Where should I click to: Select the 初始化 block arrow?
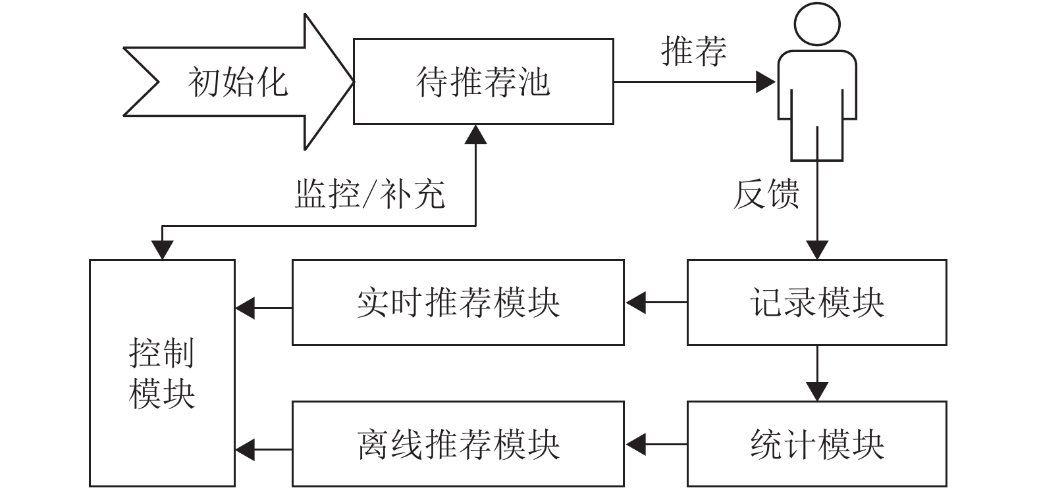click(x=238, y=82)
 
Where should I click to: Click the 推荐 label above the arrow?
click(x=693, y=51)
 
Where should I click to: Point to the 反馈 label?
click(x=766, y=193)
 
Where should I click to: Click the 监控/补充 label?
click(x=370, y=193)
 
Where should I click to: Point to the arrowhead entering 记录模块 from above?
click(x=817, y=250)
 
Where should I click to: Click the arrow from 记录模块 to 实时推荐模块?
click(x=656, y=303)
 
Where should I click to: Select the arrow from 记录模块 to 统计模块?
click(x=817, y=373)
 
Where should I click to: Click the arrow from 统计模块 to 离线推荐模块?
click(x=656, y=444)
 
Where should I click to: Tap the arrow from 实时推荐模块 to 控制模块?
click(x=263, y=308)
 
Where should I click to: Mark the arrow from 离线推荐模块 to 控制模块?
click(x=263, y=449)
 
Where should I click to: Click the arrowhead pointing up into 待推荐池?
click(x=475, y=135)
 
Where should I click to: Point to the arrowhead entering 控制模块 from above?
click(x=162, y=250)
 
